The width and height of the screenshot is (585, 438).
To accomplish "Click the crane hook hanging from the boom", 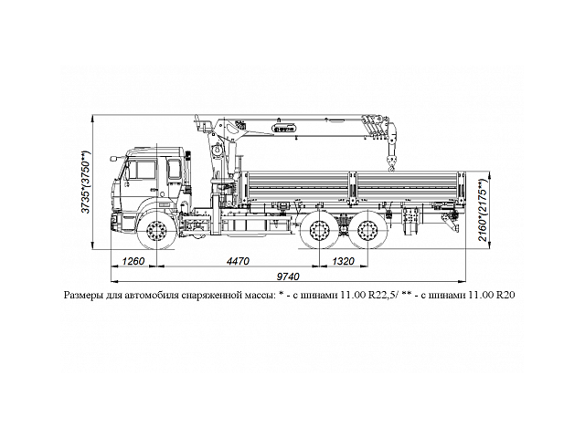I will click(393, 164).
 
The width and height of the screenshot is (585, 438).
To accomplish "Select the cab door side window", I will click(144, 170).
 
